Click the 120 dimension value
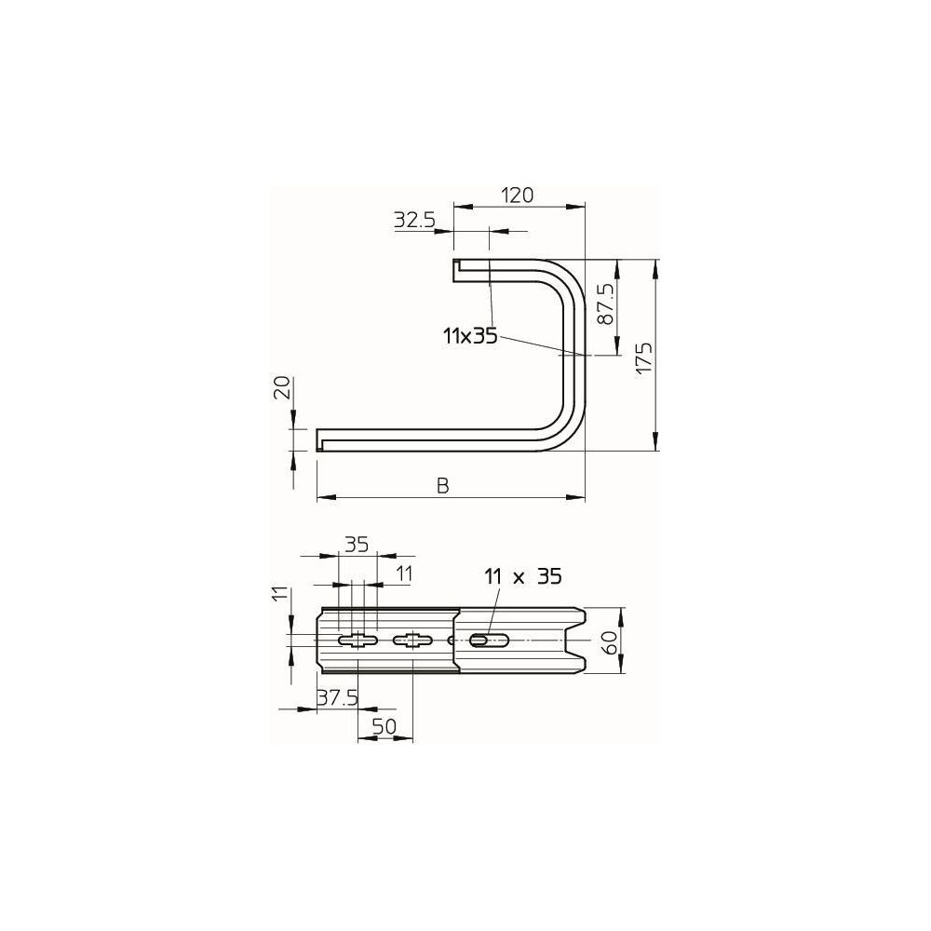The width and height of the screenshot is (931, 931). [517, 195]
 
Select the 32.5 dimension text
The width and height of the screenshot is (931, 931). [414, 221]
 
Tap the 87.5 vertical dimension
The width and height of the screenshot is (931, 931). [605, 304]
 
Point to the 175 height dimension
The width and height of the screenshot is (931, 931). [644, 358]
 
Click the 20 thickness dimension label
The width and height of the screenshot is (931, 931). [283, 387]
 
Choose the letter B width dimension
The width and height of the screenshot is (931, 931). [443, 486]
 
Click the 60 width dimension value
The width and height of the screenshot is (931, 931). [610, 642]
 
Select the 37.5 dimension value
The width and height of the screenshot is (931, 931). [337, 697]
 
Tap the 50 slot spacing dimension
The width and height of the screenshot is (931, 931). [385, 725]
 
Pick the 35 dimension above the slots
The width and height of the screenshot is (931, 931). [357, 545]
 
